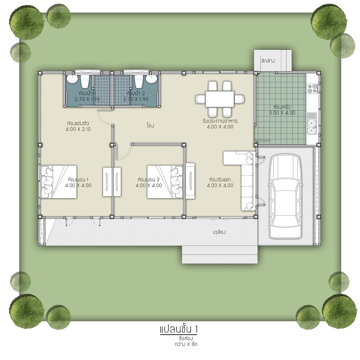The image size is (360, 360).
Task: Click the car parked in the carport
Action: pyautogui.click(x=285, y=197)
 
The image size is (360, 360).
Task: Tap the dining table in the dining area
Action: pyautogui.click(x=220, y=99)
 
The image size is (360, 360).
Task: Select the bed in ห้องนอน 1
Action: pyautogui.click(x=58, y=182)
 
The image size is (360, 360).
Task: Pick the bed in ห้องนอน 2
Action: pyautogui.click(x=165, y=182)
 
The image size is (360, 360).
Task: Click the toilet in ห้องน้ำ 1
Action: pyautogui.click(x=85, y=81)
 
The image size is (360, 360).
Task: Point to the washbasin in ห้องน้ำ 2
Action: pyautogui.click(x=152, y=79)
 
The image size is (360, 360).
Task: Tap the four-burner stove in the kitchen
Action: pyautogui.click(x=312, y=89)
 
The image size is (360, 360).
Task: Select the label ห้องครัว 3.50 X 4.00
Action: pyautogui.click(x=282, y=110)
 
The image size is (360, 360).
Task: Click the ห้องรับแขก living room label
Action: pyautogui.click(x=220, y=179)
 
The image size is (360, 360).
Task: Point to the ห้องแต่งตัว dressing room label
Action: pyautogui.click(x=78, y=123)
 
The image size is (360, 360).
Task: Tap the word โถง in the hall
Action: pyautogui.click(x=151, y=126)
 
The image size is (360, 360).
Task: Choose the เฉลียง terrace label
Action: pyautogui.click(x=219, y=232)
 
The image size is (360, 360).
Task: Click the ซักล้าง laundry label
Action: pyautogui.click(x=268, y=61)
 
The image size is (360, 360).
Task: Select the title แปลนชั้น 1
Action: pyautogui.click(x=179, y=329)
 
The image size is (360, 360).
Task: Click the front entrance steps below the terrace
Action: pyautogui.click(x=220, y=254)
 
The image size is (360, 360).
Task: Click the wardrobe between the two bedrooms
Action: pyautogui.click(x=112, y=182)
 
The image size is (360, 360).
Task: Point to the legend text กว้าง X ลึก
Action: pyautogui.click(x=186, y=344)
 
